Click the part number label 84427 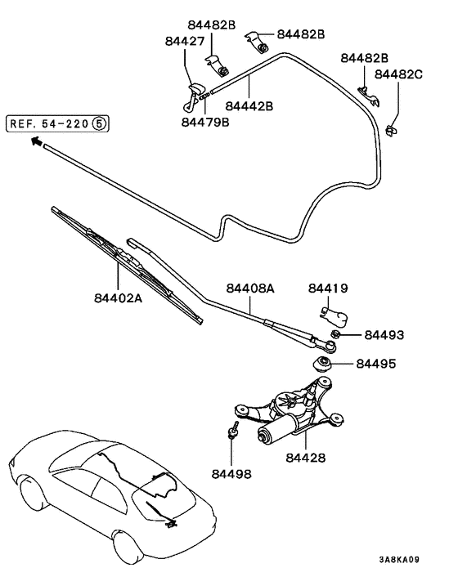[x=184, y=41]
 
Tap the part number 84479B [x=205, y=123]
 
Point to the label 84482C [x=398, y=74]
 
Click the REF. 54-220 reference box [x=57, y=124]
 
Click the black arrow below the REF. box [x=36, y=141]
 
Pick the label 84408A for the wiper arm [x=249, y=288]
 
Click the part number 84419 [x=328, y=288]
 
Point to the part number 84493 [x=384, y=335]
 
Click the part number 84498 [x=231, y=473]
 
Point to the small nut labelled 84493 [x=335, y=335]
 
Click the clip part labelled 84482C [x=391, y=128]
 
